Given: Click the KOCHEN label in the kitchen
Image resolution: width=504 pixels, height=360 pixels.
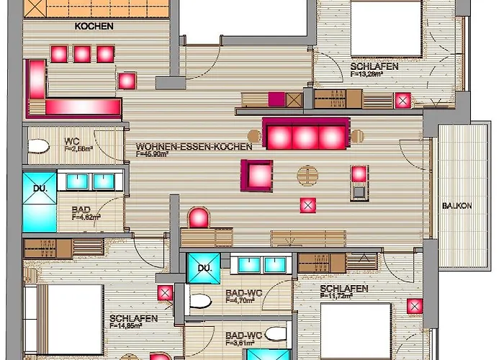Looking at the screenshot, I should tap(94, 26).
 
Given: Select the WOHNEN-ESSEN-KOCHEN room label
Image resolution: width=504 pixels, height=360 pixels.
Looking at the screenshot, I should tap(194, 146).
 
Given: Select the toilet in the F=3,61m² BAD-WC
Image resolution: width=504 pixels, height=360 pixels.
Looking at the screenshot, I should tap(274, 335).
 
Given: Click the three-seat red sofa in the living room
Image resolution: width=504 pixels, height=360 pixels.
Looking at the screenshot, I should tap(305, 135).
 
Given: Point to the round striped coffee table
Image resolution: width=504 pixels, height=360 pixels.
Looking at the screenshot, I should tap(307, 175).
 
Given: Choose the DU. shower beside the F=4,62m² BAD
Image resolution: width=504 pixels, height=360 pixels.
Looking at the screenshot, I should tap(39, 201).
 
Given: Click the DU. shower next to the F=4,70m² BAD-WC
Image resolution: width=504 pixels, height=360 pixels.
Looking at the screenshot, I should tap(202, 268).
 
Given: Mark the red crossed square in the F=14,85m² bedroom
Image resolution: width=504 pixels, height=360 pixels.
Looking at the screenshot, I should tap(165, 294).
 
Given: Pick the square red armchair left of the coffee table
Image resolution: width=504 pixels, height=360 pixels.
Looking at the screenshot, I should tap(258, 174).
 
